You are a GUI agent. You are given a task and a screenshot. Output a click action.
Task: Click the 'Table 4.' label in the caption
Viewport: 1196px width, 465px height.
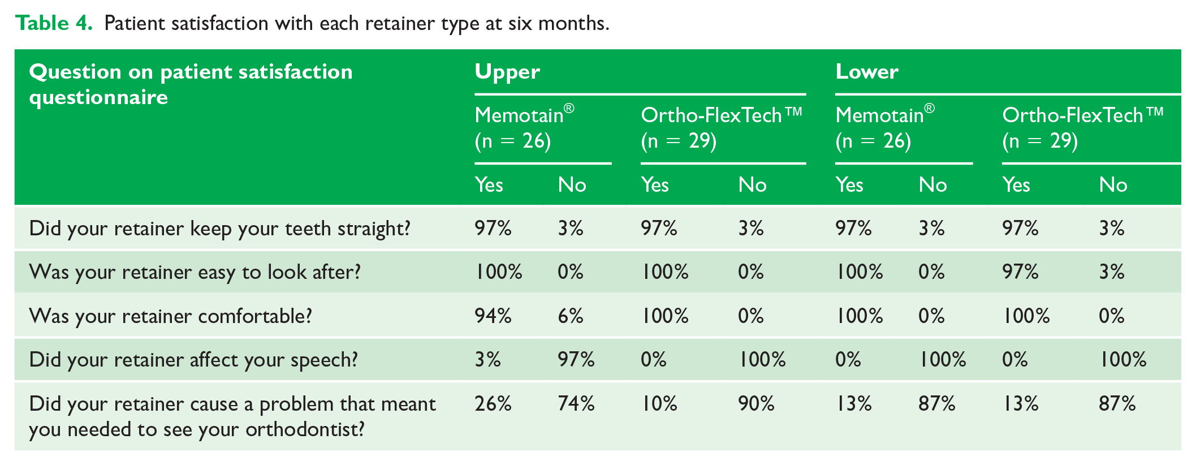click(x=54, y=23)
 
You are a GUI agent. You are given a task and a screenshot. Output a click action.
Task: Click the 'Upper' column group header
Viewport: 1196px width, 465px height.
click(x=507, y=72)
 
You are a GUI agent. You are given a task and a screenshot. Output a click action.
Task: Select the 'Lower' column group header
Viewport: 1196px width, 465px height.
click(x=867, y=72)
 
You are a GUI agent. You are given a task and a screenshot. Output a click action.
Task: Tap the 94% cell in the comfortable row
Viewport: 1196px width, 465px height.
click(x=493, y=316)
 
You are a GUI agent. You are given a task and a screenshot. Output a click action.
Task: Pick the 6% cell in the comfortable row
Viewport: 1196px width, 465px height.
click(x=570, y=316)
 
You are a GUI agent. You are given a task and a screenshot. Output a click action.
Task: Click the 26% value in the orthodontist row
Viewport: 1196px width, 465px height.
click(x=493, y=403)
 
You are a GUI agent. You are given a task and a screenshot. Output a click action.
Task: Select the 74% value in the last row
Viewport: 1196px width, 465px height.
click(x=576, y=403)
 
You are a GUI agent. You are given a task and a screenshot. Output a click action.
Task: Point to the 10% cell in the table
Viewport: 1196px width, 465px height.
click(x=659, y=403)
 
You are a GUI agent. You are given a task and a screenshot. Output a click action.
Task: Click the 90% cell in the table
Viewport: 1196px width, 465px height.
click(x=757, y=403)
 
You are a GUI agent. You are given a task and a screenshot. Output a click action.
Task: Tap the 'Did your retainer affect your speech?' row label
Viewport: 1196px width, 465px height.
click(x=193, y=360)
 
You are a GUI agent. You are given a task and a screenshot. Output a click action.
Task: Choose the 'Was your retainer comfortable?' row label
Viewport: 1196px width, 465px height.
click(x=170, y=316)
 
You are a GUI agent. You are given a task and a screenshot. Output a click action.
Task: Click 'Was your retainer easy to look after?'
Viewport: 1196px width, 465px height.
click(x=195, y=272)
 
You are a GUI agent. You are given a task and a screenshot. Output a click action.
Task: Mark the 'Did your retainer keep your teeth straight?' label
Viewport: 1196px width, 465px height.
click(x=219, y=229)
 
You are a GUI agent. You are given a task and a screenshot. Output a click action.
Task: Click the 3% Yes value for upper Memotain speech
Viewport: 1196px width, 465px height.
click(x=487, y=360)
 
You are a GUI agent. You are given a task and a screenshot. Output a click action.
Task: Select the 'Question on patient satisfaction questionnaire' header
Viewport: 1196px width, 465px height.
click(x=191, y=84)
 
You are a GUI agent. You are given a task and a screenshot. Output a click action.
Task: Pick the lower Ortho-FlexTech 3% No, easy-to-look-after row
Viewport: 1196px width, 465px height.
click(x=1112, y=272)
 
